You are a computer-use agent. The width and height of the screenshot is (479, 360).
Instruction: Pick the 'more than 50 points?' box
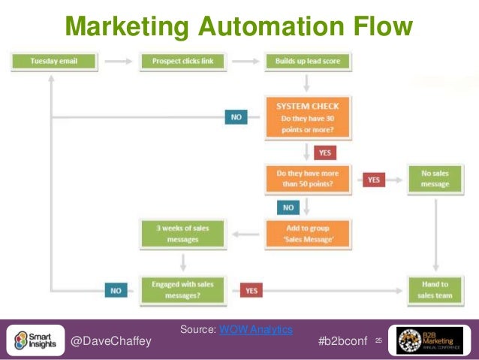[306, 178]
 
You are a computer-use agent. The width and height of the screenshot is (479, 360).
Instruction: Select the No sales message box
[435, 178]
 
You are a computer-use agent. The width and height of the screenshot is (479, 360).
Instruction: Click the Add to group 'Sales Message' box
[306, 233]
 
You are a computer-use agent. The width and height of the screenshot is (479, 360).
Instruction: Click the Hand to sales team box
[435, 289]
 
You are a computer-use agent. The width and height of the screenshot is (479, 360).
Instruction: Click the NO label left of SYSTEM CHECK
[236, 117]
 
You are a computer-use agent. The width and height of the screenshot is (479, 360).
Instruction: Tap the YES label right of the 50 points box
[374, 180]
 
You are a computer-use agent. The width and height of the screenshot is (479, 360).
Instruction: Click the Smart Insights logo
[35, 340]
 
